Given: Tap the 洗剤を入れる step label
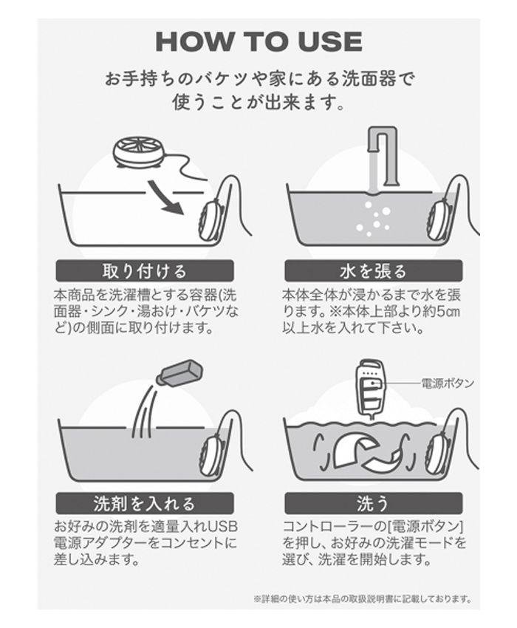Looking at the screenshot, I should click(144, 503).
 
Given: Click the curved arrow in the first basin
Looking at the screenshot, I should click(168, 201).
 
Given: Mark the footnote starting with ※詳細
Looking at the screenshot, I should click(361, 599).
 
